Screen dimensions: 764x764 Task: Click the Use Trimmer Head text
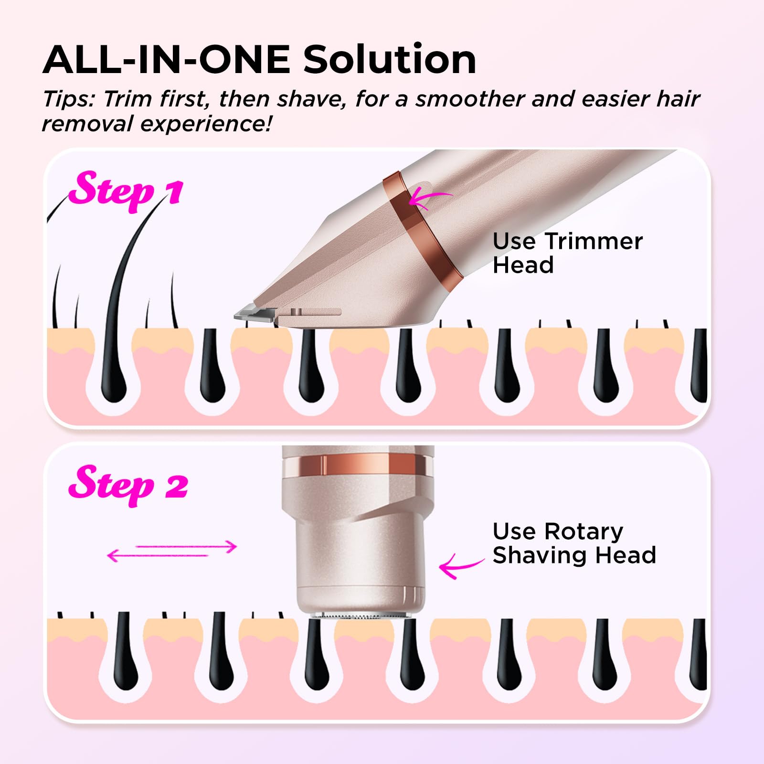pos(567,253)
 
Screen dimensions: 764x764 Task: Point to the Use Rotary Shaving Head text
pos(574,543)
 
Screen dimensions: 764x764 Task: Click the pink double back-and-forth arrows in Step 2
pos(172,551)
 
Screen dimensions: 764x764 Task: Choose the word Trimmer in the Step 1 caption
pos(594,242)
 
